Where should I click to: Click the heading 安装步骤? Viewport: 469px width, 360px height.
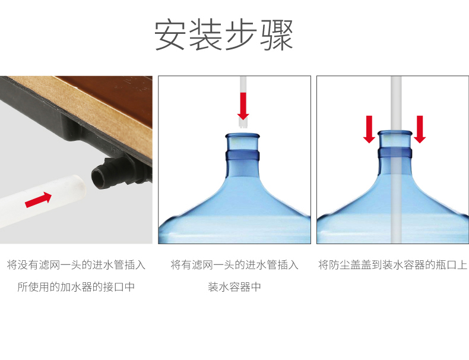tap(224, 34)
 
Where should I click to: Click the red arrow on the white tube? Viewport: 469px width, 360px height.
tap(38, 200)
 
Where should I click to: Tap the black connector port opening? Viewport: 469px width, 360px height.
tap(99, 178)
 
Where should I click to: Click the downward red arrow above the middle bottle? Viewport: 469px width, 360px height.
tap(243, 106)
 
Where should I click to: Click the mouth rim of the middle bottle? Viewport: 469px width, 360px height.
tap(242, 136)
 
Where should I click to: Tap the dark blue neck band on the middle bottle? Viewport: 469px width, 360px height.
tap(242, 156)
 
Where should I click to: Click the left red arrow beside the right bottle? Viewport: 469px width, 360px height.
tap(369, 130)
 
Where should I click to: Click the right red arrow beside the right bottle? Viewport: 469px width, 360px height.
tap(420, 130)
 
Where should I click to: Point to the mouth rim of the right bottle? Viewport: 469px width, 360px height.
tap(395, 133)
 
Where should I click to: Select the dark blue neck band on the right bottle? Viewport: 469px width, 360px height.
tap(395, 153)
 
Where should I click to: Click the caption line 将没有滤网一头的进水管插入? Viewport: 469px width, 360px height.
tap(76, 265)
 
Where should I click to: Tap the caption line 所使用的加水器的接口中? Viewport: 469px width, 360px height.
tap(76, 287)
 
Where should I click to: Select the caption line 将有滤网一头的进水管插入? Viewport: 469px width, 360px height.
tap(235, 265)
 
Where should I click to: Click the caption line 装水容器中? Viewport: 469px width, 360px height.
tap(235, 287)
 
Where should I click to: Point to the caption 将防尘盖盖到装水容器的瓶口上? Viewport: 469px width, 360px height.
tap(392, 265)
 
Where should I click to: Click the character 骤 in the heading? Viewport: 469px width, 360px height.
tap(277, 35)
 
